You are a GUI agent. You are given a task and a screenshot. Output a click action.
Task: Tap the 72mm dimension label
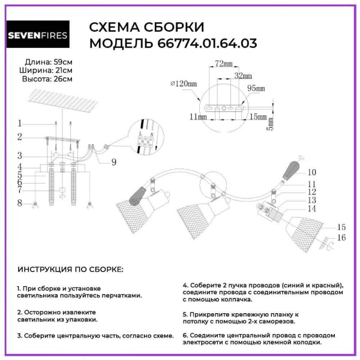223,63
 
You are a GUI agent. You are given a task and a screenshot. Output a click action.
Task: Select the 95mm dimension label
256,88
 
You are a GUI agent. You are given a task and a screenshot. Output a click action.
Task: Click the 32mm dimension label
242,76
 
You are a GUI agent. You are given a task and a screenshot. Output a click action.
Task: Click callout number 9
114,161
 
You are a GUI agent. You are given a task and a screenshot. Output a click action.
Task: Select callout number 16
341,238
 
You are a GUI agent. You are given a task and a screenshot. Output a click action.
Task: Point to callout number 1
19,122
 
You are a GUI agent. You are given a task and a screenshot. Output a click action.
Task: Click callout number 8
19,203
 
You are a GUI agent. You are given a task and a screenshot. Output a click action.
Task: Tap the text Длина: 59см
49,62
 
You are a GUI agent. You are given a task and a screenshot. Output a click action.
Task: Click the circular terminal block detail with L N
143,139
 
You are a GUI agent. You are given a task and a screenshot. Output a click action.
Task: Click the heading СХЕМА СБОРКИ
146,27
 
